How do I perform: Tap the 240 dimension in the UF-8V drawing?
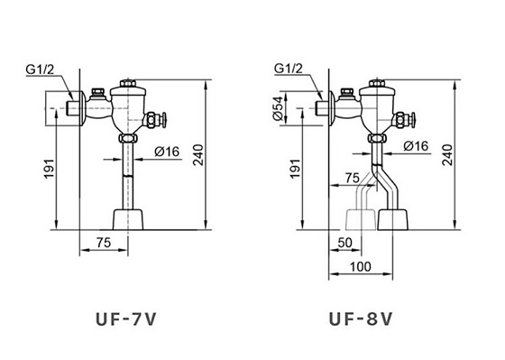pyautogui.click(x=445, y=155)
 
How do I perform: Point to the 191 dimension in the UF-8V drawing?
pyautogui.click(x=296, y=168)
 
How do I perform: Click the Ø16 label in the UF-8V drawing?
pyautogui.click(x=416, y=146)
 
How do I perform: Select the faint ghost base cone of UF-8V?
pyautogui.click(x=361, y=219)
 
